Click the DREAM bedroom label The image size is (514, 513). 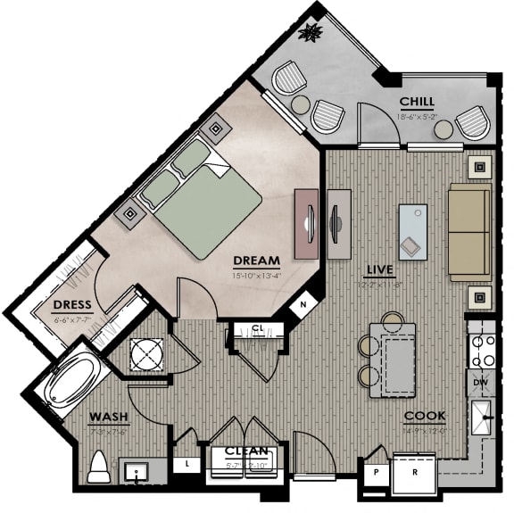click(x=256, y=261)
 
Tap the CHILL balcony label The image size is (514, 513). click(x=417, y=101)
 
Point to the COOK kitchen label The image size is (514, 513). click(x=425, y=416)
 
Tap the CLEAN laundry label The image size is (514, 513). click(x=247, y=451)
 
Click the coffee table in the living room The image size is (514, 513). click(x=412, y=231)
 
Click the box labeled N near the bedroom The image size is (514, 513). click(x=304, y=304)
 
